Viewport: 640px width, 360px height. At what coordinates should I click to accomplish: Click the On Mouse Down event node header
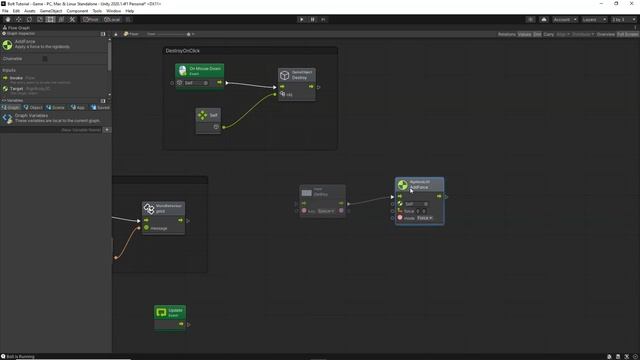200,71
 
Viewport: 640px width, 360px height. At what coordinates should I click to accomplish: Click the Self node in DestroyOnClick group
208,116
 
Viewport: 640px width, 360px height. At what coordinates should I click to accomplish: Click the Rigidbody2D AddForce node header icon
402,185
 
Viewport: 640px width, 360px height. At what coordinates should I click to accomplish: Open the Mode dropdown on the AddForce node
425,218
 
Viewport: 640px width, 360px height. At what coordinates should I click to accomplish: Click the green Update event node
171,312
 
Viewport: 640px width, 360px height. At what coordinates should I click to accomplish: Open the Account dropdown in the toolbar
562,19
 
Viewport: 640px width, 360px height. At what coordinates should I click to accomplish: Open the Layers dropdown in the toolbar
593,19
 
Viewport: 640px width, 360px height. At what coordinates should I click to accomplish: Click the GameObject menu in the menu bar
51,11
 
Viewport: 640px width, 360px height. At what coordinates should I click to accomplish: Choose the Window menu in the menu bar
113,11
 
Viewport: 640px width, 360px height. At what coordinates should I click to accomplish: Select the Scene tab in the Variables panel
58,107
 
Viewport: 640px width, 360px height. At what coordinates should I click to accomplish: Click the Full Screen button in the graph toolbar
628,34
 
